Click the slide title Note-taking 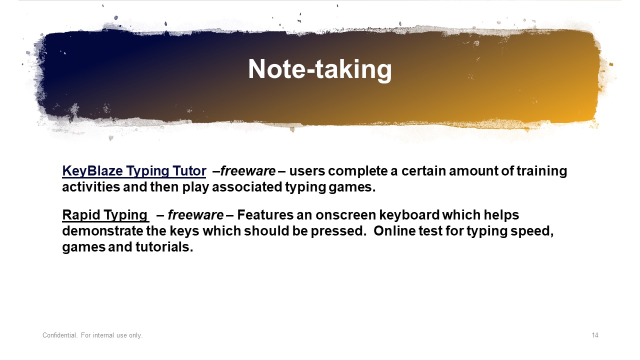(319, 69)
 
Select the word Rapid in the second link (81, 215)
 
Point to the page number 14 (595, 335)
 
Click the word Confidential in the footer (60, 335)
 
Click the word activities (91, 187)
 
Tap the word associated (247, 187)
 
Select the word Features (265, 215)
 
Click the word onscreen (346, 215)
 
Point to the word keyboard (409, 215)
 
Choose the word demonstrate (102, 231)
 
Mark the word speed (532, 231)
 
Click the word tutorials (164, 247)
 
